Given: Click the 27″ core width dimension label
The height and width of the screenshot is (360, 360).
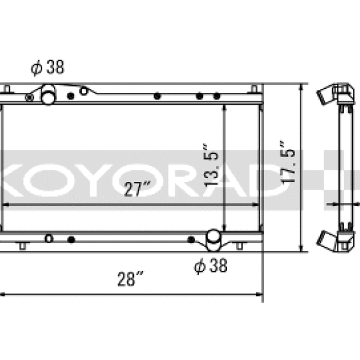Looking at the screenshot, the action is click(x=137, y=189).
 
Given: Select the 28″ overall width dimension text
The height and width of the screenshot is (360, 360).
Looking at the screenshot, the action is click(x=130, y=279).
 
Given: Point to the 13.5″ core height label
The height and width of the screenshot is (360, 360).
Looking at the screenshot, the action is click(x=211, y=166).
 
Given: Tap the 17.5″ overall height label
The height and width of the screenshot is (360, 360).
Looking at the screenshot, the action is click(x=287, y=162).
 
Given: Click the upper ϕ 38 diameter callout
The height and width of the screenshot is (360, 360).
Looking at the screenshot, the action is click(x=47, y=67).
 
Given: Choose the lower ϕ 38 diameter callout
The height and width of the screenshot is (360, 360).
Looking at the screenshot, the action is click(x=211, y=265).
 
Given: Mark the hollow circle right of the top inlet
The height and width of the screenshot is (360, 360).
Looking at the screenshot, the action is click(x=83, y=91).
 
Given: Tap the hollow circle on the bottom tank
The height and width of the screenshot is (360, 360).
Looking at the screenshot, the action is click(x=49, y=239).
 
